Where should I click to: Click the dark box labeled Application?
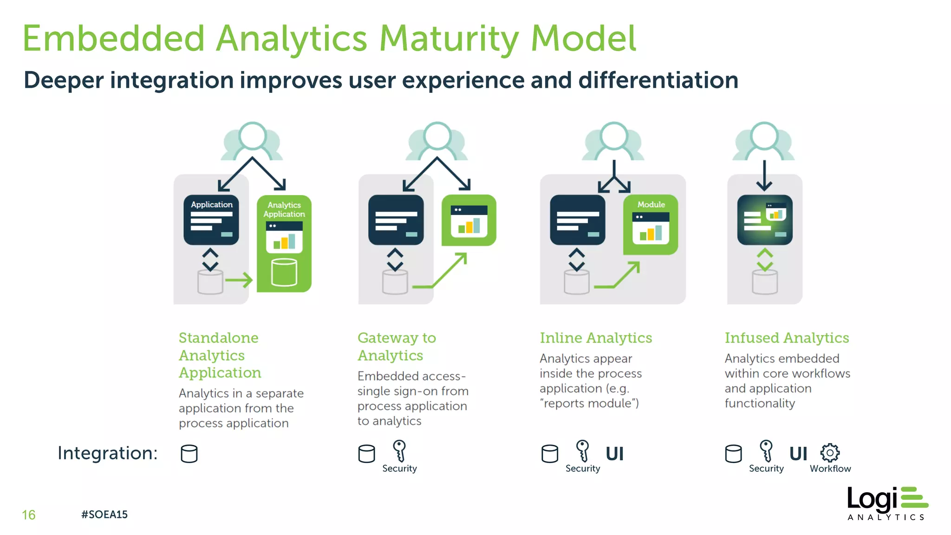click(x=211, y=220)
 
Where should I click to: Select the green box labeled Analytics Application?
click(x=284, y=243)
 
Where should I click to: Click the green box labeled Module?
click(x=651, y=225)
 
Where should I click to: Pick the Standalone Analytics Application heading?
click(x=220, y=355)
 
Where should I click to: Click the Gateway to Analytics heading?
click(x=396, y=346)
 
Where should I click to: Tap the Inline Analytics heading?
click(x=596, y=338)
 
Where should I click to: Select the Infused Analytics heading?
click(x=787, y=338)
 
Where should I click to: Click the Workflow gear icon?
click(x=830, y=453)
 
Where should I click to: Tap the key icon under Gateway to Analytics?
click(x=399, y=451)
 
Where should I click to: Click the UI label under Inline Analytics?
click(x=614, y=454)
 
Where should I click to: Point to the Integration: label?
click(x=108, y=453)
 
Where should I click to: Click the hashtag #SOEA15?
click(x=104, y=515)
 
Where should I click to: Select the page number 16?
click(x=28, y=515)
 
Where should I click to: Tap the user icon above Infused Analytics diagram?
click(x=764, y=141)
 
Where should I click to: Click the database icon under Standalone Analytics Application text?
click(x=189, y=454)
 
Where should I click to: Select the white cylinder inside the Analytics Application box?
click(x=284, y=273)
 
